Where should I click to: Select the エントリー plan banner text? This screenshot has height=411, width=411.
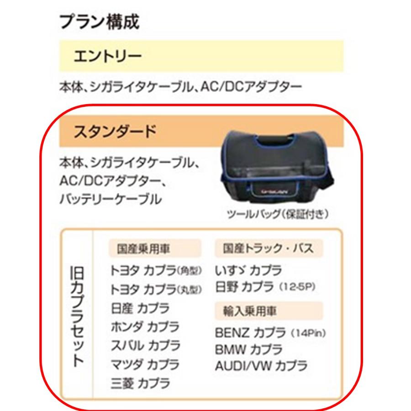[x=108, y=57]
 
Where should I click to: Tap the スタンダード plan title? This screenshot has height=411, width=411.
[x=115, y=132]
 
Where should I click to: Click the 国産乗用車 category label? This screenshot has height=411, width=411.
[x=154, y=249]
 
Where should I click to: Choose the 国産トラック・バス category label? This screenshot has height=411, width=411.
[x=269, y=249]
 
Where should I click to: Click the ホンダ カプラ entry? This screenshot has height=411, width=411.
[x=145, y=327]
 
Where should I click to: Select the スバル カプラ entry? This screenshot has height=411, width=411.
[x=145, y=346]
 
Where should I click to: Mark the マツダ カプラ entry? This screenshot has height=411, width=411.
[x=145, y=364]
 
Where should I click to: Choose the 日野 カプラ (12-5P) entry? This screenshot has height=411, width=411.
[x=265, y=288]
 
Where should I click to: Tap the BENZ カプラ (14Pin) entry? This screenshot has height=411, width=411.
[x=271, y=332]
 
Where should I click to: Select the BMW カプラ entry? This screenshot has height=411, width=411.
[x=248, y=349]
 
